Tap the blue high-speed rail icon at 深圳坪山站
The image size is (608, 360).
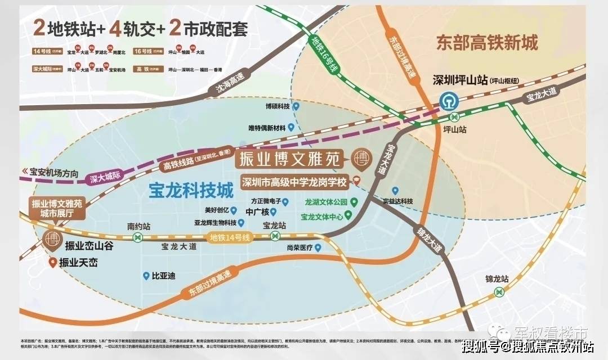point(449,101)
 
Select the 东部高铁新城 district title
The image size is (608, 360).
point(487,43)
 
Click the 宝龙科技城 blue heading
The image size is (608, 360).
point(191,191)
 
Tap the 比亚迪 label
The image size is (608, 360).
point(163,276)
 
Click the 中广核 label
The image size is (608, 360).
point(258,212)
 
